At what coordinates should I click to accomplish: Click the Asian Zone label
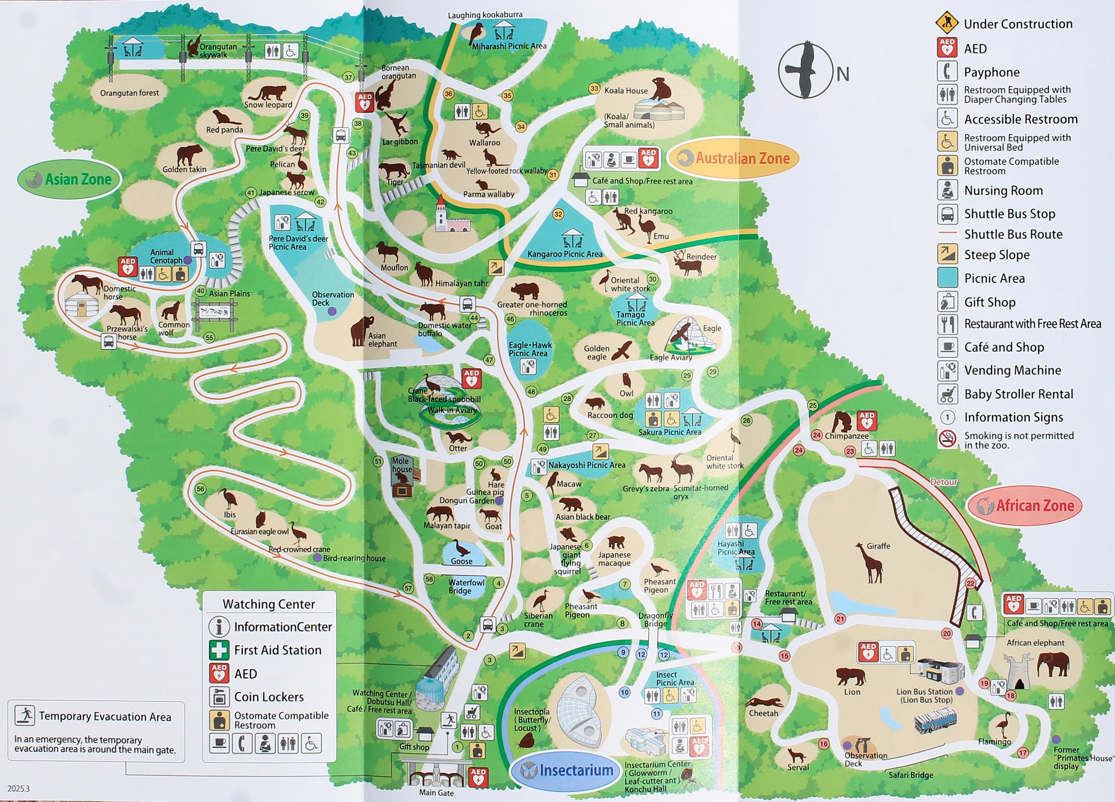70,179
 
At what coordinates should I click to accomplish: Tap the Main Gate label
436,792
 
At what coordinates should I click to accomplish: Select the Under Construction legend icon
947,23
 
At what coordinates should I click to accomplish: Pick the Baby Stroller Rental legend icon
947,394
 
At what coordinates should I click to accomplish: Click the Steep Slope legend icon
947,254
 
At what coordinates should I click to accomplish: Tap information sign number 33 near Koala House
594,88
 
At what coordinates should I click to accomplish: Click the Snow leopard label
268,105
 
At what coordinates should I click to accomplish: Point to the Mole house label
402,465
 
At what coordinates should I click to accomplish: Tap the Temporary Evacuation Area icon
24,715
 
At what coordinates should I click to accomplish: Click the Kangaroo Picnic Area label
565,254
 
